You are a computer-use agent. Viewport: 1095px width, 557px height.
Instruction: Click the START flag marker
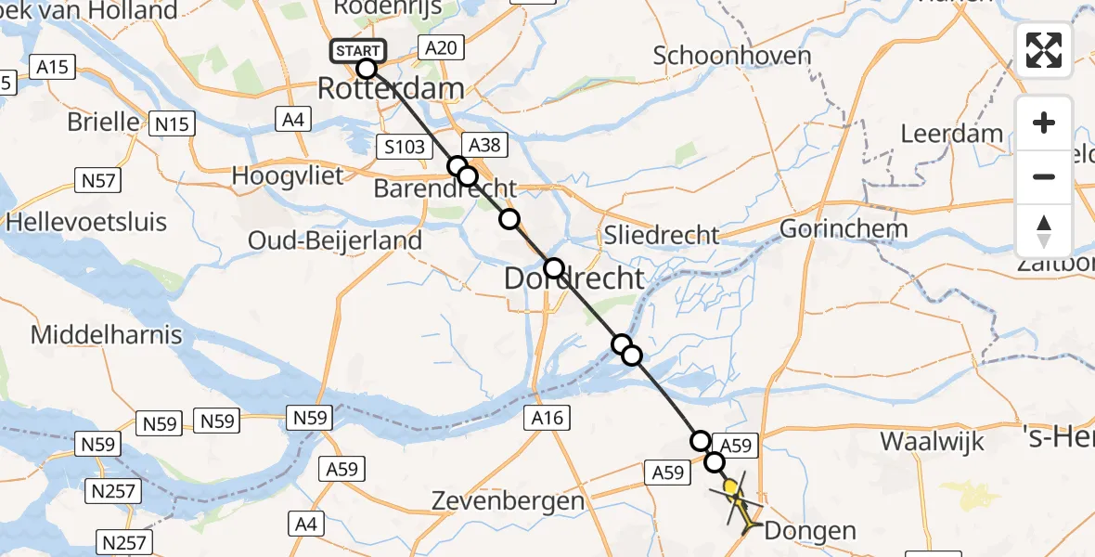[x=356, y=50]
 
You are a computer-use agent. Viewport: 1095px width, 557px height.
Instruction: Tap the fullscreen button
[x=1044, y=50]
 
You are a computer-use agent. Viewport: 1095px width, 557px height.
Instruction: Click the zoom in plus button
[x=1044, y=123]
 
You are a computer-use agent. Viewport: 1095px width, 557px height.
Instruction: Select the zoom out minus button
[x=1044, y=176]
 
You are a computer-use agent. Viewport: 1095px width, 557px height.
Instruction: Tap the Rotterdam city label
[x=391, y=89]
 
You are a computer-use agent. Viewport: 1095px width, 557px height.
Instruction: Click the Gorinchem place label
[x=844, y=228]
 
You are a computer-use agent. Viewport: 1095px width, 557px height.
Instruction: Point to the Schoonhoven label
[x=732, y=56]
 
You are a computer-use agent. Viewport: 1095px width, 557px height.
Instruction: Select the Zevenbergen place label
[x=509, y=501]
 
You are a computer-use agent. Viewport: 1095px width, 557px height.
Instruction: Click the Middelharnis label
[x=107, y=334]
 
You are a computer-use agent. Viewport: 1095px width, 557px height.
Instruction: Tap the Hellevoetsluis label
[x=86, y=222]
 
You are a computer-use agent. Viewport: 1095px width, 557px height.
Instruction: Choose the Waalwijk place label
[x=932, y=441]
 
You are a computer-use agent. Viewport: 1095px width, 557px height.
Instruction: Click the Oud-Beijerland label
[x=335, y=240]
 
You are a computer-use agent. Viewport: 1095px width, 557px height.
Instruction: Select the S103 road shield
[x=404, y=147]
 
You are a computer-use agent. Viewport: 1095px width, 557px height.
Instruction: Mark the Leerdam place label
[x=952, y=133]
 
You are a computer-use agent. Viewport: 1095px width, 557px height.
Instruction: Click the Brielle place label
[x=104, y=122]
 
